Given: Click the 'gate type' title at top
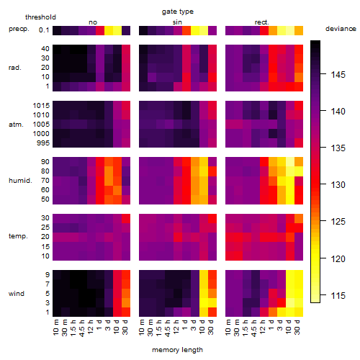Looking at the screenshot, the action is (178, 12).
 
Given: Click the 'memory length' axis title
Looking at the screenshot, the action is (177, 350).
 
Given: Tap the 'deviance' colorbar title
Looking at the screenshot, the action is (341, 29).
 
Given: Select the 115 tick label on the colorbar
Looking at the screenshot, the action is (338, 295).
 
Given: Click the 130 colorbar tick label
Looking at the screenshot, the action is (338, 185).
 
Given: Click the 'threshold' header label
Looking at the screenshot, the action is (40, 17).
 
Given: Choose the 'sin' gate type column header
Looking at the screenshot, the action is (177, 22).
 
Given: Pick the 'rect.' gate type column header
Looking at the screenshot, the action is (262, 22).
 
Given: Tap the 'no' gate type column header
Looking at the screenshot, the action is (93, 22).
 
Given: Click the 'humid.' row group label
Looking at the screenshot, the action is (20, 181).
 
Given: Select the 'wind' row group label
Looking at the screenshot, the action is (17, 294).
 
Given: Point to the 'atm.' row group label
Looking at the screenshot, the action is (16, 125).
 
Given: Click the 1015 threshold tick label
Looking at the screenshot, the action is (41, 106).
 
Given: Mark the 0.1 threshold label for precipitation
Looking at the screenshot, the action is (44, 30).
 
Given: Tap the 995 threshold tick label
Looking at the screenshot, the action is (43, 143).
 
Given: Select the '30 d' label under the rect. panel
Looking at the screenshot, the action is (297, 328).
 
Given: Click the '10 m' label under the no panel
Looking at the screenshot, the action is (55, 328).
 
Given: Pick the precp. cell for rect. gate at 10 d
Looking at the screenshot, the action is (290, 30).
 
